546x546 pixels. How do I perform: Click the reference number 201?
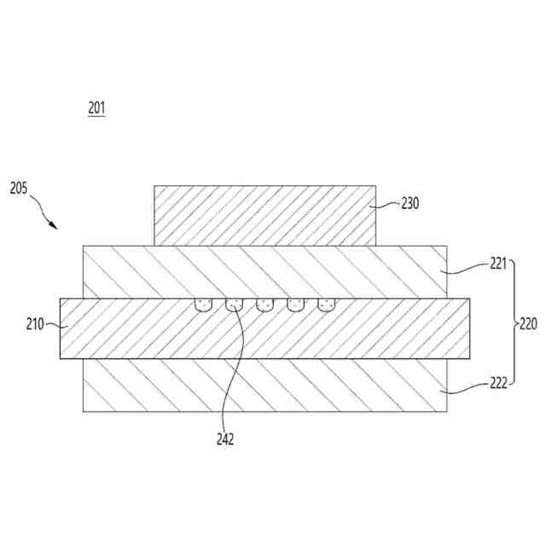pyautogui.click(x=96, y=108)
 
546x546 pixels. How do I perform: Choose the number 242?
pyautogui.click(x=225, y=440)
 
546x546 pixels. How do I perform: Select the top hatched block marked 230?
pyautogui.click(x=264, y=216)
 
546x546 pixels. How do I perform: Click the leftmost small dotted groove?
pyautogui.click(x=202, y=305)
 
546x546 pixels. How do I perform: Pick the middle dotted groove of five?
pyautogui.click(x=264, y=305)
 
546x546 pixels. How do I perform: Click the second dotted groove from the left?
pyautogui.click(x=234, y=305)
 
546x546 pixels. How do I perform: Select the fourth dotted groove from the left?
pyautogui.click(x=296, y=305)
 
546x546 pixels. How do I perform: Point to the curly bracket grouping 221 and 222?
pyautogui.click(x=513, y=324)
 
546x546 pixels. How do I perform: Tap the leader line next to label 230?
pyautogui.click(x=388, y=205)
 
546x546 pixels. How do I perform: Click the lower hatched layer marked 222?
pyautogui.click(x=264, y=386)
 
